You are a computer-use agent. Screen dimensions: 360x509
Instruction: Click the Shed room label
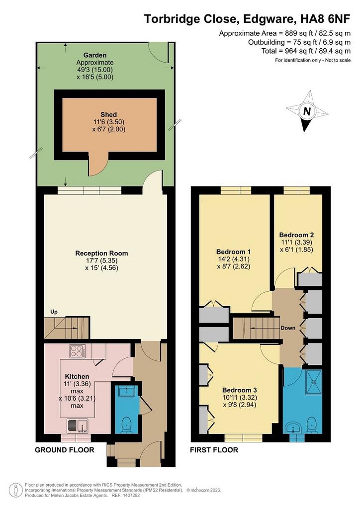(x=109, y=115)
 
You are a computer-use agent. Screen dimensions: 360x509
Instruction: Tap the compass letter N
(x=306, y=111)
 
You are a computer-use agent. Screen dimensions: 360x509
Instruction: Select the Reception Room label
(x=101, y=253)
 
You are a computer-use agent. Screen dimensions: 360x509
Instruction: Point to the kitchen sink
(x=78, y=426)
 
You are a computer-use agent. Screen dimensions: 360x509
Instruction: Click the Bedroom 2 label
(x=296, y=235)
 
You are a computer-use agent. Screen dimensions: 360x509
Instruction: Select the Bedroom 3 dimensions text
(x=240, y=401)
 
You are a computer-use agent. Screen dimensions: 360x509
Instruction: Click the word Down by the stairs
(x=288, y=328)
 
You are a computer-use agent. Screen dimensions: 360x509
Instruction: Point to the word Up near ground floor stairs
(x=54, y=312)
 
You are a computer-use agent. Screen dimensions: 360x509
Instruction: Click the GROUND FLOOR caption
(x=65, y=450)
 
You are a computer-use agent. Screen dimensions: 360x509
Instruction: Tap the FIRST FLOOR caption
(x=214, y=450)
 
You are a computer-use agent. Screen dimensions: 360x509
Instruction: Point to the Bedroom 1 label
(x=233, y=252)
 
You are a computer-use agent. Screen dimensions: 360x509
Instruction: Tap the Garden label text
(x=95, y=55)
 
